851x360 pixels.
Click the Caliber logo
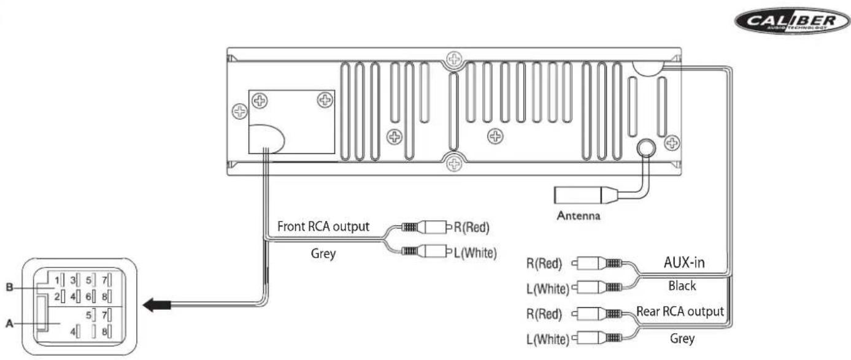[x=792, y=20]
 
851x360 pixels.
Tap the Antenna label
[x=579, y=216]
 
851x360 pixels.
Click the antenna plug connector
[x=585, y=195]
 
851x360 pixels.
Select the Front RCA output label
[x=323, y=226]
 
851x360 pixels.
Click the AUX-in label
[x=684, y=262]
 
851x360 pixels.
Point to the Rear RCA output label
[x=680, y=312]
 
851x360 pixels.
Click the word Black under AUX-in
[x=682, y=286]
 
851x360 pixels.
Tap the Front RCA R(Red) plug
[x=426, y=227]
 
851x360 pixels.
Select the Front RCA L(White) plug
[x=426, y=251]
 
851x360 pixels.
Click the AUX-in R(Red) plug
[x=597, y=262]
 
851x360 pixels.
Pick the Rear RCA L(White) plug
[x=597, y=337]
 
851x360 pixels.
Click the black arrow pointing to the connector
[x=156, y=305]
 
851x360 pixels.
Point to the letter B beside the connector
[x=9, y=287]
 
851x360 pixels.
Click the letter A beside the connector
[x=9, y=324]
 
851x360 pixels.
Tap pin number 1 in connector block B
[x=56, y=280]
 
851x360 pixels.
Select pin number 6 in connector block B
[x=88, y=296]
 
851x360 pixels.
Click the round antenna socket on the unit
[x=646, y=148]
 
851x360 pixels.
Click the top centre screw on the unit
[x=454, y=59]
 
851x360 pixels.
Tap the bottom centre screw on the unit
[x=454, y=164]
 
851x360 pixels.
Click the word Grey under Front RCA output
[x=323, y=253]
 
